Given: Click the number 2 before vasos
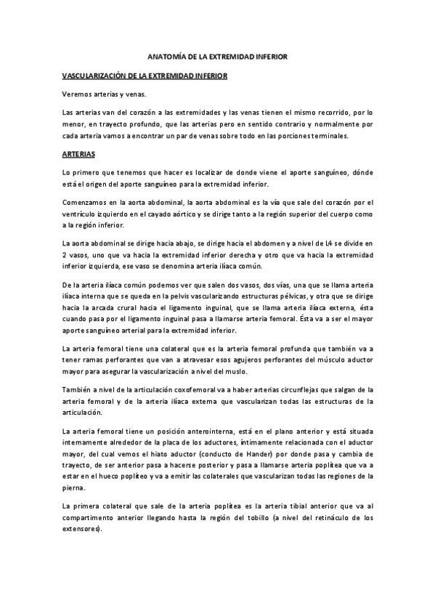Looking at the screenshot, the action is [x=65, y=256].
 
